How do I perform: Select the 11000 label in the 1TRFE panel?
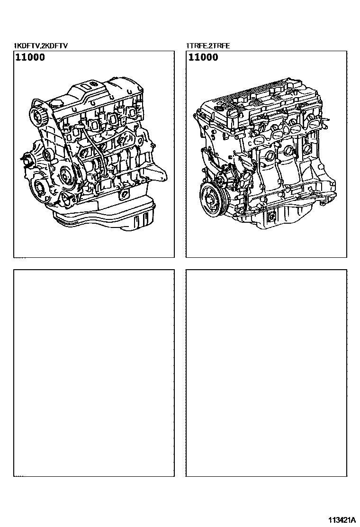point(203,57)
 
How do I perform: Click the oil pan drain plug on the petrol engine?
point(271,217)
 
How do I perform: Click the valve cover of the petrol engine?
point(262,101)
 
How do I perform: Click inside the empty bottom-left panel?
point(94,373)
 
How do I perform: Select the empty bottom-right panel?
point(266,373)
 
